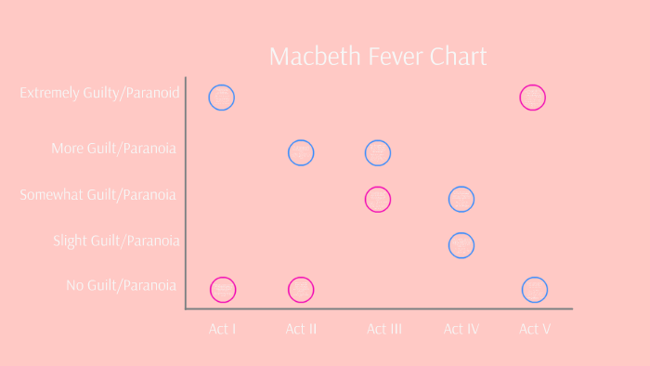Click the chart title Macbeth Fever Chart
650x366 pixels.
377,57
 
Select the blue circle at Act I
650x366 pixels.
222,97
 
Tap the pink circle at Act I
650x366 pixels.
223,290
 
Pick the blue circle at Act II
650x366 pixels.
301,152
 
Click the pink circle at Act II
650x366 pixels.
301,290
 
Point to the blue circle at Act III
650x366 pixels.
377,152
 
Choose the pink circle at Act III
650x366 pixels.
377,199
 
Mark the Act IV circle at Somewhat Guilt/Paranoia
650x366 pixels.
461,199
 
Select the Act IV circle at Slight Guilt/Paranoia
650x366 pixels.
461,245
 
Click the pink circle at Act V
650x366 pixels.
533,97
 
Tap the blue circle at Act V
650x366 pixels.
534,290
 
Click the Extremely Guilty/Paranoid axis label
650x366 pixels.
99,93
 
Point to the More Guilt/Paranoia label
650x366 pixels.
114,148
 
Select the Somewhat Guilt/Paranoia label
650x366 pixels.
98,194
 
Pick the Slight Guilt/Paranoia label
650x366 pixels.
116,242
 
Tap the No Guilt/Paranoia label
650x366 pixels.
121,285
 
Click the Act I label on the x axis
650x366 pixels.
222,329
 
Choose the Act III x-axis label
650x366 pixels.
383,329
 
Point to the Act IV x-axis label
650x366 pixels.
461,329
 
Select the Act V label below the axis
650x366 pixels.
535,329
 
